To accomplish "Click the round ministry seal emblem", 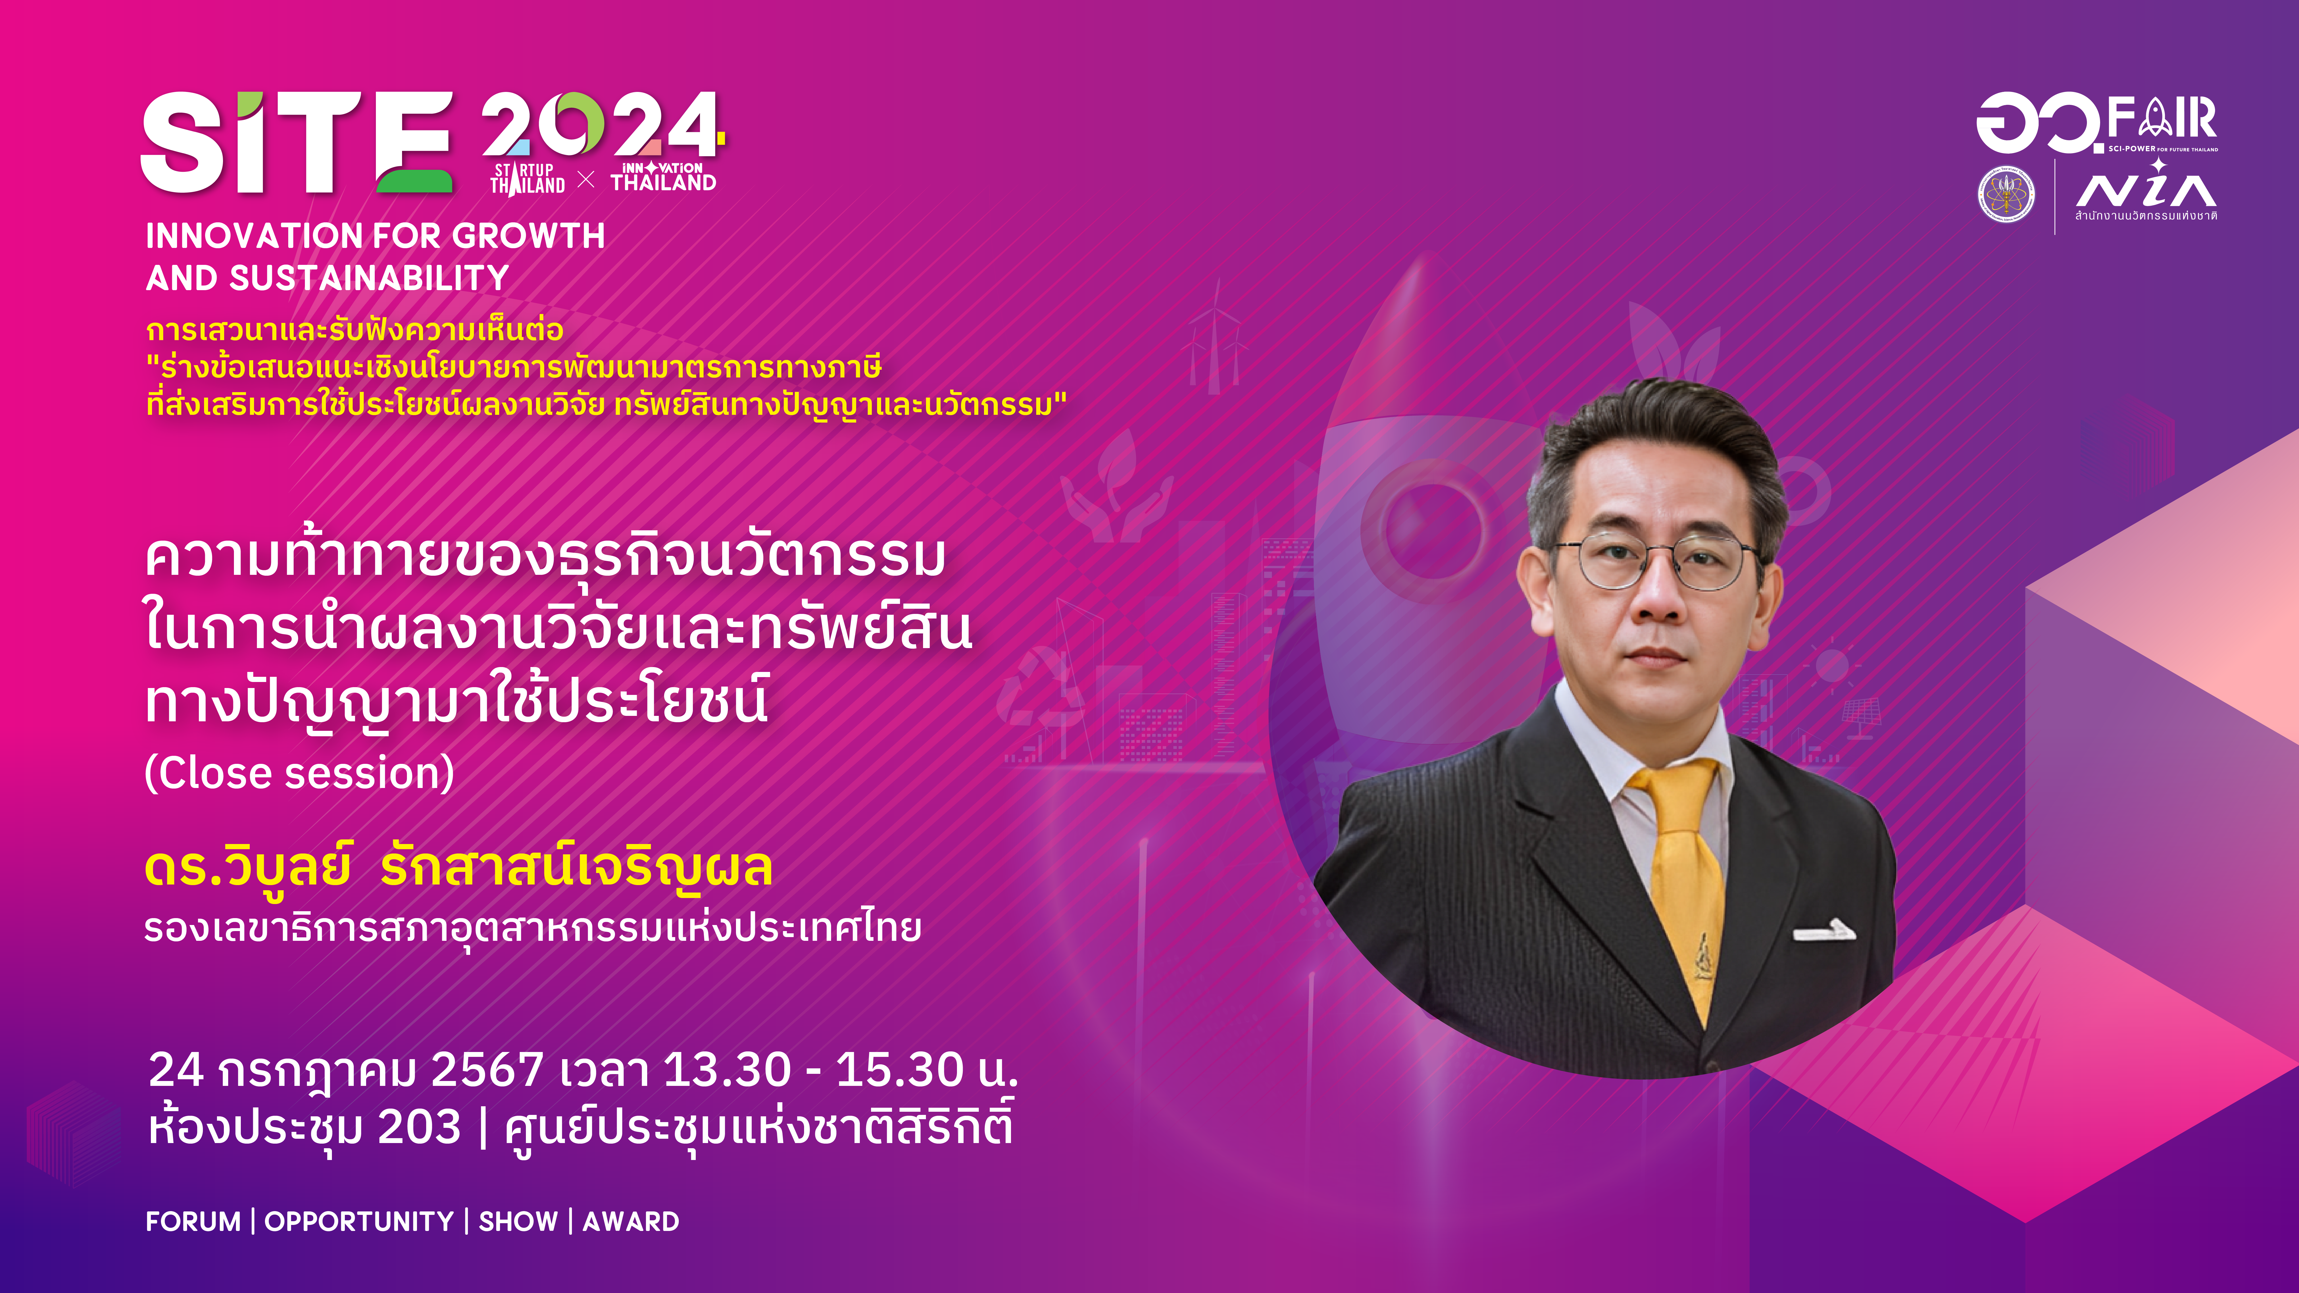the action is [2006, 194].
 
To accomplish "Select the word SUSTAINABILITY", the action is [369, 278].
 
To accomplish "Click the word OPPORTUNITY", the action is [359, 1221].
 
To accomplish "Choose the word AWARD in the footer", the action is [631, 1221].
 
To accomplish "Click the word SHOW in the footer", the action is [518, 1221].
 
